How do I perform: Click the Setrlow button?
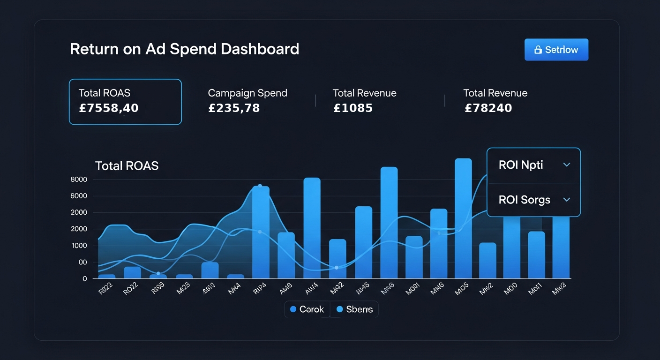[556, 50]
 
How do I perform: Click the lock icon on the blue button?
[538, 50]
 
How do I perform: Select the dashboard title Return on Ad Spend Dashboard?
[184, 49]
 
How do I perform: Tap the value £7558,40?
[109, 108]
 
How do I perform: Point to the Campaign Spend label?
[247, 93]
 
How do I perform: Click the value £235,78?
[234, 108]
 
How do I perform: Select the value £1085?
[353, 108]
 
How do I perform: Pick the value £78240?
[488, 108]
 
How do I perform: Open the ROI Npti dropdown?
[533, 165]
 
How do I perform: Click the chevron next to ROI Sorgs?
[566, 200]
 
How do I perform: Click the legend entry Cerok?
[307, 309]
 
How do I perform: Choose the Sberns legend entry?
[354, 309]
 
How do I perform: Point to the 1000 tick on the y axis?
[79, 246]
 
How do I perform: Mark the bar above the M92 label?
[337, 259]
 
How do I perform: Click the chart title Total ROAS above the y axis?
[127, 165]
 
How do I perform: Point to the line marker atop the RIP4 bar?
[260, 186]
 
